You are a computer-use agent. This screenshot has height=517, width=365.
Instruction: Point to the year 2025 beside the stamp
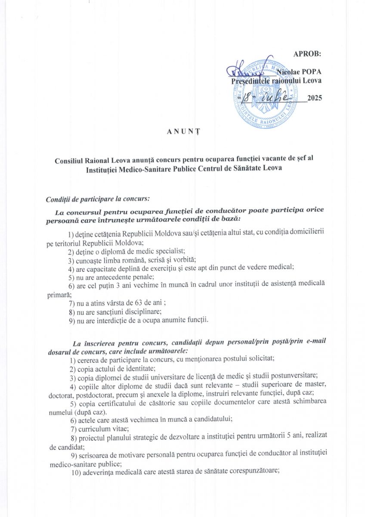(314, 98)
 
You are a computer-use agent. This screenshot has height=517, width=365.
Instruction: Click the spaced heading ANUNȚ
(182, 131)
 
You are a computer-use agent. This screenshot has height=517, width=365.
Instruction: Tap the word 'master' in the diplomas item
(316, 384)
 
